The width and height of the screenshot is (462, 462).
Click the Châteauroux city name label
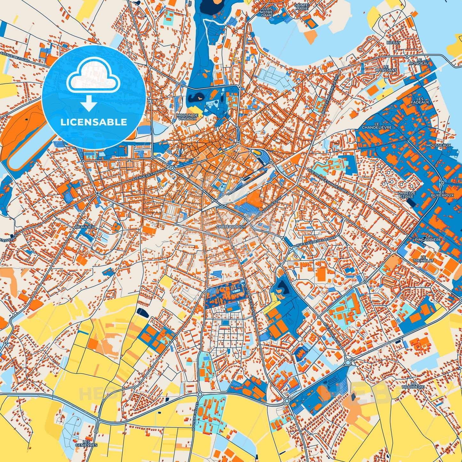pyautogui.click(x=231, y=226)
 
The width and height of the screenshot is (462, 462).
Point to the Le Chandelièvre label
pyautogui.click(x=377, y=126)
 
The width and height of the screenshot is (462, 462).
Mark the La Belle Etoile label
pyautogui.click(x=407, y=195)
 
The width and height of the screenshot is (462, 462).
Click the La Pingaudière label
pyautogui.click(x=427, y=238)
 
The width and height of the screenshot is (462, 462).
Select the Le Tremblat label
pyautogui.click(x=423, y=259)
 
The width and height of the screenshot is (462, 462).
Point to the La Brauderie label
pyautogui.click(x=417, y=385)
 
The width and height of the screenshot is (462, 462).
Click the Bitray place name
pyautogui.click(x=393, y=43)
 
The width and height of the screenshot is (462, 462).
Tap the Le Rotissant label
pyautogui.click(x=386, y=68)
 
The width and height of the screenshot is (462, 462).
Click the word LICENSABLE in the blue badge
pyautogui.click(x=94, y=122)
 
